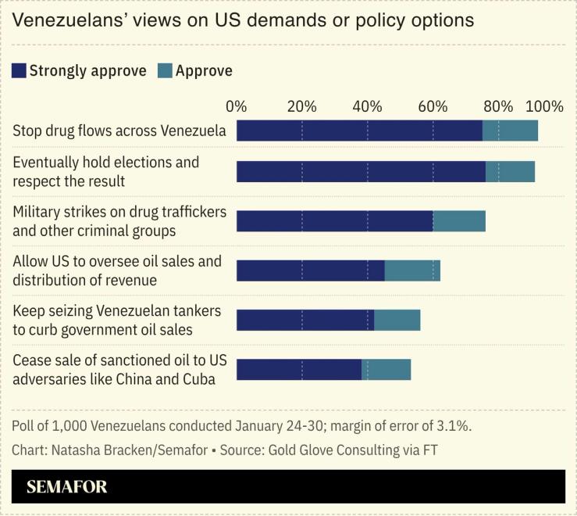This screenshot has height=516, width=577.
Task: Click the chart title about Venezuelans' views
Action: click(243, 20)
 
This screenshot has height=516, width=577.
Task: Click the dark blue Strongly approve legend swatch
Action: click(20, 71)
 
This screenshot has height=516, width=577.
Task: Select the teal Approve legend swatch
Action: click(165, 71)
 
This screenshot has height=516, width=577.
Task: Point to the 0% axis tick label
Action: click(236, 107)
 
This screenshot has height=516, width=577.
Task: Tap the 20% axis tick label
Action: click(301, 107)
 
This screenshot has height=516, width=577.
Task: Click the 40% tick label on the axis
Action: click(368, 107)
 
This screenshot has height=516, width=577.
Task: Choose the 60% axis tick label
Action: click(433, 107)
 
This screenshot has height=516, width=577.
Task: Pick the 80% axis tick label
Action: click(498, 107)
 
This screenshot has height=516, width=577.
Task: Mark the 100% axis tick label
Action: click(544, 107)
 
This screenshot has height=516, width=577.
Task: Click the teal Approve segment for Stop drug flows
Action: click(510, 131)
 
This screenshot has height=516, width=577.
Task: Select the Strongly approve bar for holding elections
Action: click(361, 171)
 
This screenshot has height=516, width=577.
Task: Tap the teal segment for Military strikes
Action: click(459, 221)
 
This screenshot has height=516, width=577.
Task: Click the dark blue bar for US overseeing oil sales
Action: click(310, 271)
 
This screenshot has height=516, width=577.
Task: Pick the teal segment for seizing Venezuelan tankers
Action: click(397, 320)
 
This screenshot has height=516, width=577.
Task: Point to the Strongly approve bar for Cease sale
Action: click(298, 370)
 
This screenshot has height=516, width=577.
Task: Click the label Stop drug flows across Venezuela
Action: click(119, 131)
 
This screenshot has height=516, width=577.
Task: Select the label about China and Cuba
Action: click(114, 379)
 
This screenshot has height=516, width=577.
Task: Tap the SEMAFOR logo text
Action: click(67, 486)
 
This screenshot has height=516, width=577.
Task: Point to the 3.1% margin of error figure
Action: click(454, 426)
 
